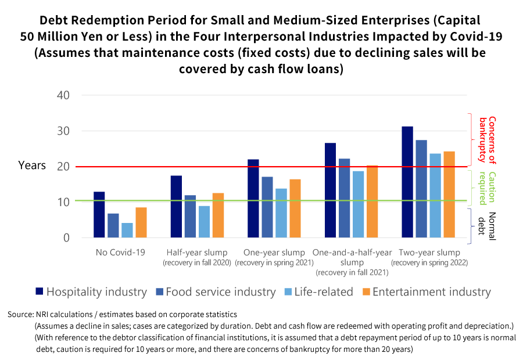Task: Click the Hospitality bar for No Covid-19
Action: tap(99, 215)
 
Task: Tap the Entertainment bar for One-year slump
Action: tap(295, 208)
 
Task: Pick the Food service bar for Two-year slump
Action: tap(421, 189)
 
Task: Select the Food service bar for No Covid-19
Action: tap(113, 226)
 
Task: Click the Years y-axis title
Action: tap(32, 165)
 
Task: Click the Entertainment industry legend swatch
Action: tap(366, 291)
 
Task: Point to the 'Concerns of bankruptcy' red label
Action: tap(487, 139)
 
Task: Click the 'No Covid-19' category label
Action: tap(120, 253)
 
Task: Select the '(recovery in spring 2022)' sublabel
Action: tap(429, 263)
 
